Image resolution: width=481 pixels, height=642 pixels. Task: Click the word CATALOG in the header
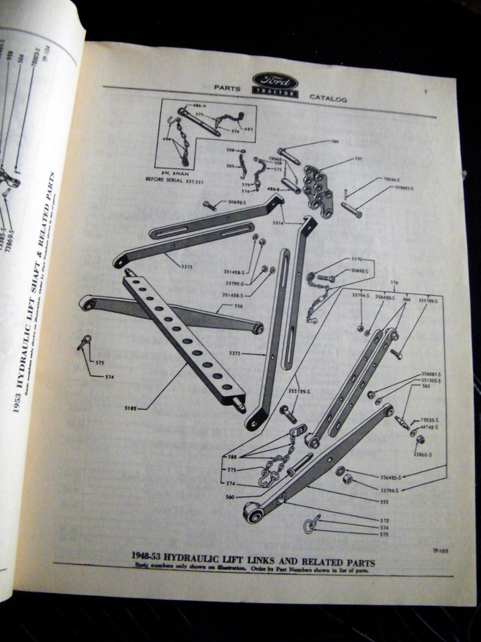click(328, 98)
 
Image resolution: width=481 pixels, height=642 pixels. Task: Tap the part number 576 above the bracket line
click(393, 282)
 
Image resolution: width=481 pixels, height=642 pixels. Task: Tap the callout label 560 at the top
click(335, 141)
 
